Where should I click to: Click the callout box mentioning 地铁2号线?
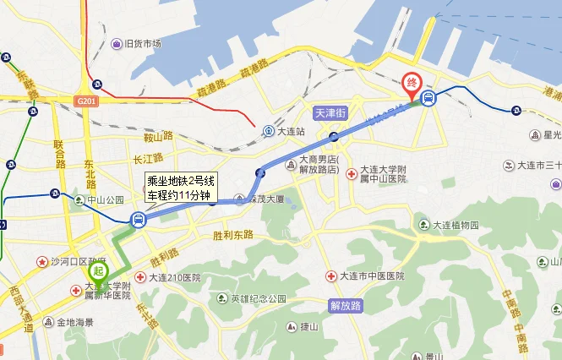click(x=180, y=188)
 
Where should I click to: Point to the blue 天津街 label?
click(x=330, y=112)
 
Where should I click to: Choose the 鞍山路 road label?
click(x=158, y=136)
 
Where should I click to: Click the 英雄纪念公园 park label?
click(x=254, y=298)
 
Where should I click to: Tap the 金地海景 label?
click(x=69, y=322)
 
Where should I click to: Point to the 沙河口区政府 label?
click(x=70, y=263)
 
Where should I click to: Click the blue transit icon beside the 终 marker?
click(x=429, y=99)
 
